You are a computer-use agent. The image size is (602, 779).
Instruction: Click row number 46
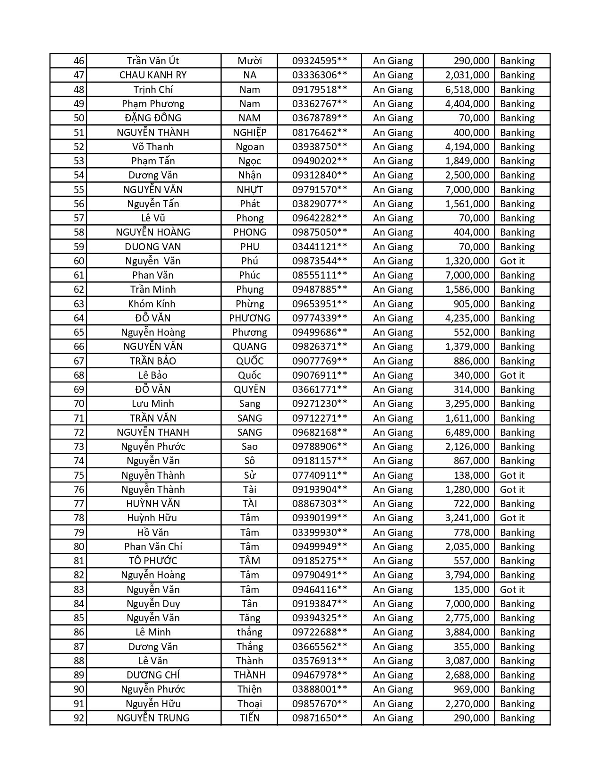(79, 61)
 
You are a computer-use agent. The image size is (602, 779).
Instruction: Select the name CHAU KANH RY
(153, 75)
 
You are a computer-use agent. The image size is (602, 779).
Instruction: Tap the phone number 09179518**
(320, 90)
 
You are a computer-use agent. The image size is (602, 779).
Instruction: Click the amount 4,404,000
(467, 104)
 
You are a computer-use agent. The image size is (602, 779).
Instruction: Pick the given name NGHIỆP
(250, 133)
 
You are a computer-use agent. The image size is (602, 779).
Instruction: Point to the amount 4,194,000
(467, 147)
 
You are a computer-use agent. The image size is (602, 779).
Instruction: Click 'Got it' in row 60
(512, 261)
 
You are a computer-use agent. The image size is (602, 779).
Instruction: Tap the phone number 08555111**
(320, 275)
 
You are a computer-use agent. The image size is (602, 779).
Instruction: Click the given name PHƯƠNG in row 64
(250, 318)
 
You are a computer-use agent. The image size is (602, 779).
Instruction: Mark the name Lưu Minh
(153, 404)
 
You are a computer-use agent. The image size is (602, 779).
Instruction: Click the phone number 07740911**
(320, 475)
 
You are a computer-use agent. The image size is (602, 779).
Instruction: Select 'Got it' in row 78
(512, 518)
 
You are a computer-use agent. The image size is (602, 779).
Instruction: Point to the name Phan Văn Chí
(153, 547)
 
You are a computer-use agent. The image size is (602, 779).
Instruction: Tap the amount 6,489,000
(467, 432)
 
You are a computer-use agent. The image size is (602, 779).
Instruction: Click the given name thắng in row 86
(250, 632)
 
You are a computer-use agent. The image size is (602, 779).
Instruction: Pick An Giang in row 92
(393, 718)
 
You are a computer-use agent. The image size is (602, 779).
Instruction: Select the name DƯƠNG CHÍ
(153, 675)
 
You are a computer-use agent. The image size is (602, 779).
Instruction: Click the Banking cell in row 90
(517, 689)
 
